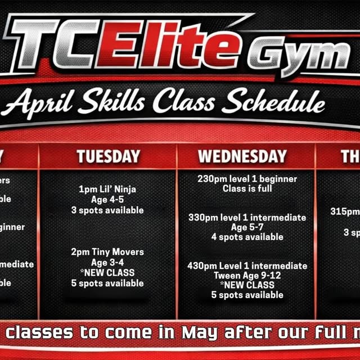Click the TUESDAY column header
point(107,156)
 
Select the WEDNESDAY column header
point(242,156)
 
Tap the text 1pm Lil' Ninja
point(107,189)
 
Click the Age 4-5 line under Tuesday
point(107,199)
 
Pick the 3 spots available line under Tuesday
point(107,210)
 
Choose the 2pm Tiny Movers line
point(107,252)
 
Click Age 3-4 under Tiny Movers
point(107,262)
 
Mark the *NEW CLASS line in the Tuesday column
point(107,272)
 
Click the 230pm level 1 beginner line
point(247,179)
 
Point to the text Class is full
point(247,188)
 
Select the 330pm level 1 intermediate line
point(247,217)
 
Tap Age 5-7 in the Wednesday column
point(247,227)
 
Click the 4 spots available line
point(247,237)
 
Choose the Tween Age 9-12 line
point(247,276)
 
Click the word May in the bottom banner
point(200,332)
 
